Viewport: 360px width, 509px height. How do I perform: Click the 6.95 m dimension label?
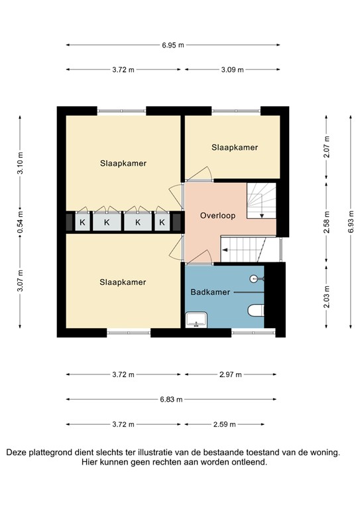tap(172, 45)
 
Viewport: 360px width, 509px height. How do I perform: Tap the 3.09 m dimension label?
tap(231, 70)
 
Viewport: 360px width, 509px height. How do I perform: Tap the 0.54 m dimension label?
tap(20, 221)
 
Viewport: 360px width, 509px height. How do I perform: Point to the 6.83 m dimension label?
tap(172, 400)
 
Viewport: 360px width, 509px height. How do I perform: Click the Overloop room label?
tap(217, 216)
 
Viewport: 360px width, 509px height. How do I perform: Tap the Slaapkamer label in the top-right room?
tap(235, 147)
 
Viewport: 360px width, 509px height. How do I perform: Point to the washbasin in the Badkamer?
tap(196, 320)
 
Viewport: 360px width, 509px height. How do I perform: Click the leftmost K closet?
tap(83, 223)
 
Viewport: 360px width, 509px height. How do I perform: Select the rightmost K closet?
tap(162, 223)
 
